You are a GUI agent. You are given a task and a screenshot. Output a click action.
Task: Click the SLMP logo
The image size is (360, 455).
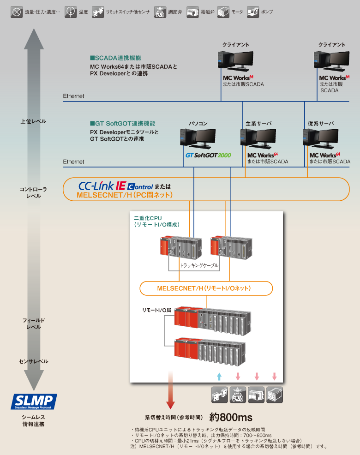pos(34,401)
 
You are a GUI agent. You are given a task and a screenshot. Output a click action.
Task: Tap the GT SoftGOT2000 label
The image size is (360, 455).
pos(208,156)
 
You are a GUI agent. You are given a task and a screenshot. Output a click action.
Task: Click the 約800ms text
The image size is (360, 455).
pos(231,417)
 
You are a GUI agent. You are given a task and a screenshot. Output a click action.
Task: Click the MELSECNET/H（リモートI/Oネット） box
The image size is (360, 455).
pos(206,288)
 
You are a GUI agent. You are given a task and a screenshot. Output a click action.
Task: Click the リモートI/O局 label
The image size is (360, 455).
pos(156,311)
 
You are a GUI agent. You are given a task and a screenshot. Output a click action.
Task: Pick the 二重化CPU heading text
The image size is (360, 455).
pos(148,218)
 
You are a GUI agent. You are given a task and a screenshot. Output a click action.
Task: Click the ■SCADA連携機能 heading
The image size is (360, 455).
pos(115,59)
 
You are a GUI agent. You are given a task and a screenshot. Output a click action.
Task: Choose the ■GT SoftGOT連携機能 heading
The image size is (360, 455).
pos(122,124)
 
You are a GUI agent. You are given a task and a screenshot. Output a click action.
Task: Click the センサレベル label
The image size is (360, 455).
pos(33,361)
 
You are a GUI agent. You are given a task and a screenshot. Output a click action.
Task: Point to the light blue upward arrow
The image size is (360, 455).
pos(219,376)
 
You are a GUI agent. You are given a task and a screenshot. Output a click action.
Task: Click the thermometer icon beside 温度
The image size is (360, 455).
pos(71,12)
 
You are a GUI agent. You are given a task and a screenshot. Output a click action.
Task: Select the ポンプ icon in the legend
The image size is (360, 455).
pos(252,12)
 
